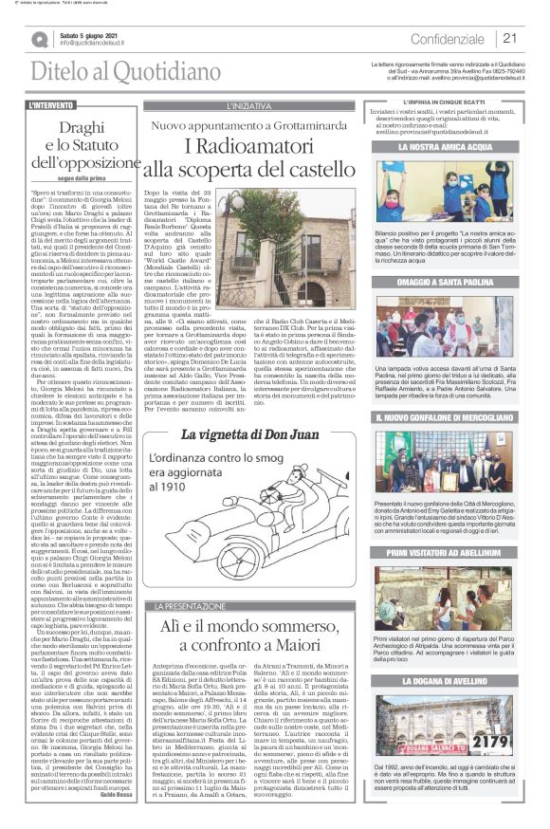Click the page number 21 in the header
pos(509,39)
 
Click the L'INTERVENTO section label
pos(52,106)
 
